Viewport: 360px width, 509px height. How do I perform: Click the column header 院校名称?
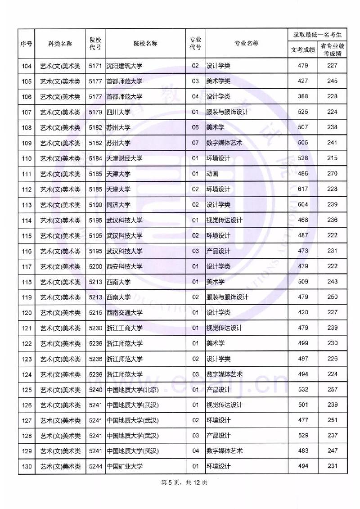pyautogui.click(x=145, y=43)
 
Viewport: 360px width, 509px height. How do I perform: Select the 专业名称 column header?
pyautogui.click(x=246, y=43)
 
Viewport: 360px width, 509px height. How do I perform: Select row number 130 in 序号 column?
pyautogui.click(x=27, y=466)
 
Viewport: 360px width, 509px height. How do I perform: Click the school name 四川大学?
pyautogui.click(x=118, y=112)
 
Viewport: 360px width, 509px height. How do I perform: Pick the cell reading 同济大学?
pyautogui.click(x=118, y=204)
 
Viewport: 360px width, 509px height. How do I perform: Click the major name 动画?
pyautogui.click(x=212, y=174)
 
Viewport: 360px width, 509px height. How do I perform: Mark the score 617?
pyautogui.click(x=303, y=189)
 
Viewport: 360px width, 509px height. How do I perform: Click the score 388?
pyautogui.click(x=303, y=96)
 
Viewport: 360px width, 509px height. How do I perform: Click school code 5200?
pyautogui.click(x=95, y=266)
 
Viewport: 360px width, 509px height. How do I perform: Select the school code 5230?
pyautogui.click(x=95, y=328)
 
